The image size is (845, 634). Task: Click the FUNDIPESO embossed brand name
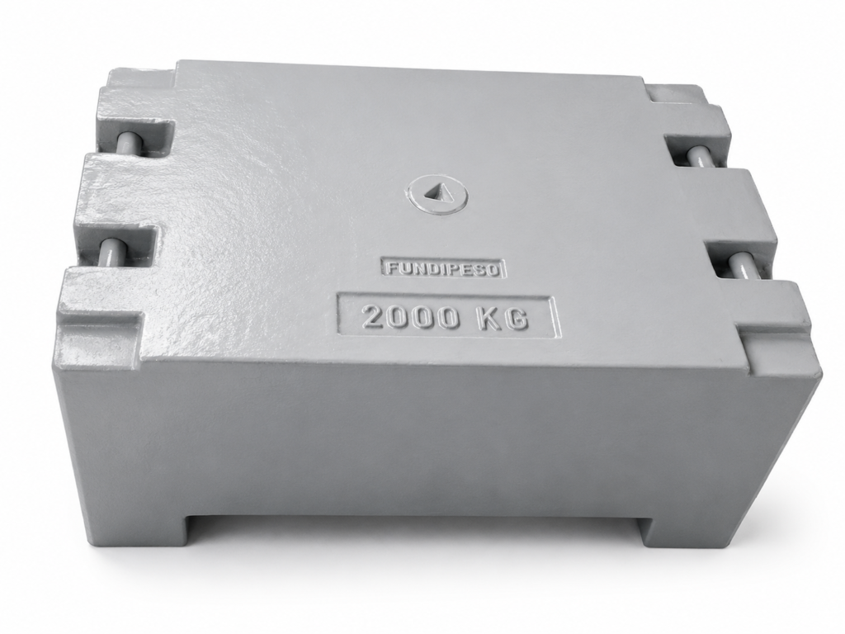tap(443, 268)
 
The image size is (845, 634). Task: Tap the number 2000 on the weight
tap(412, 317)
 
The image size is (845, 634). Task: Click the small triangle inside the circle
tap(434, 192)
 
